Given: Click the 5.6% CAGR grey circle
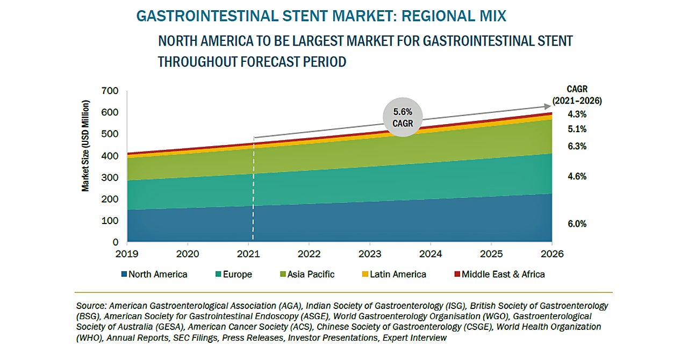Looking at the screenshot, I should [x=403, y=117].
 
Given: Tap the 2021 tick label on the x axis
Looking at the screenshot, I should [x=248, y=253].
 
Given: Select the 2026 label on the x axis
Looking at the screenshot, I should [x=552, y=253].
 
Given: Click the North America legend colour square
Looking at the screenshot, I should [x=125, y=275].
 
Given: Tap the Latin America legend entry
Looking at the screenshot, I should [x=395, y=275].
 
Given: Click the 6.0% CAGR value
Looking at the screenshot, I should [x=577, y=224].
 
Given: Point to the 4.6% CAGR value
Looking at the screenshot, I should [x=577, y=176].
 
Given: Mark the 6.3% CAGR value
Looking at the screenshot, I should [x=577, y=146].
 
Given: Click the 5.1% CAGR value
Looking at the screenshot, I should [x=577, y=129].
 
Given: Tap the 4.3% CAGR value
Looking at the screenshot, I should [x=577, y=114].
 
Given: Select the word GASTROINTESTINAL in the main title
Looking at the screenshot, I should [x=202, y=16].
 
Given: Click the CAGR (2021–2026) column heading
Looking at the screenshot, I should [x=577, y=95].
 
